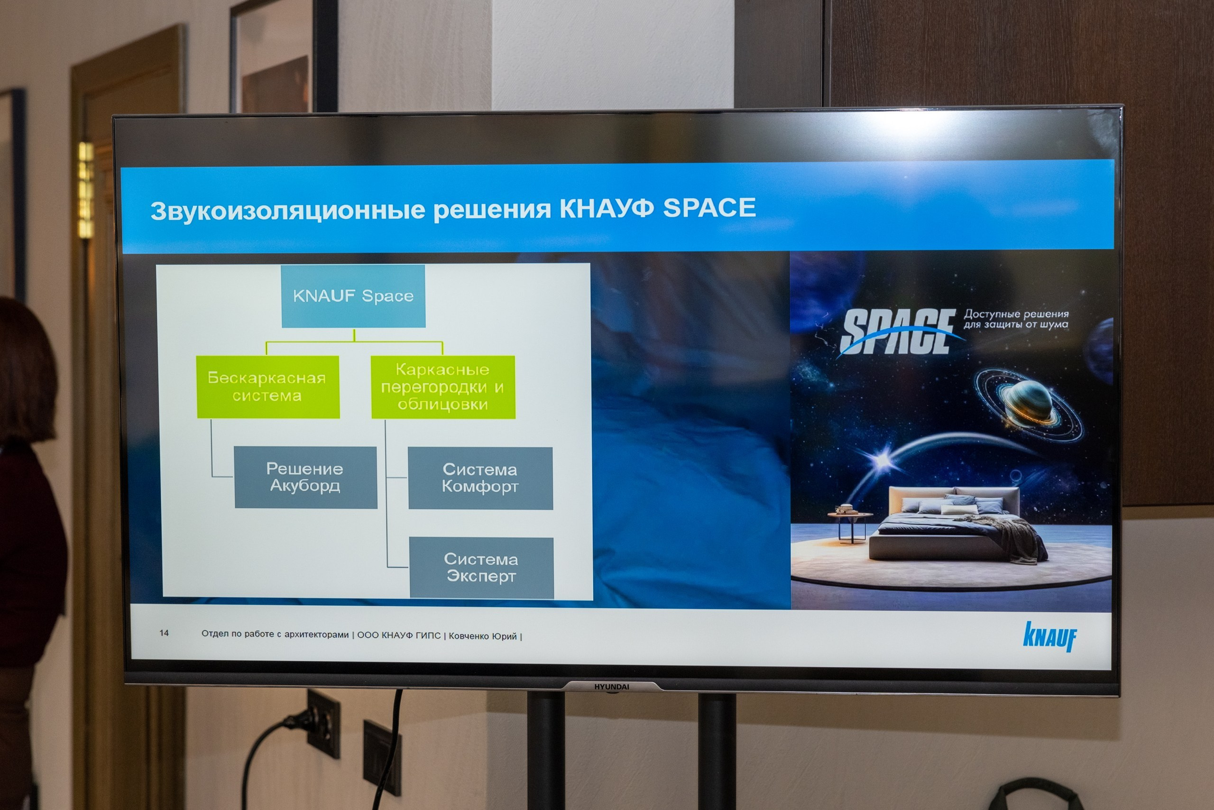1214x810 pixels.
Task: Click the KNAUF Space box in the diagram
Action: (353, 296)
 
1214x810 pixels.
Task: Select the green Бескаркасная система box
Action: (268, 387)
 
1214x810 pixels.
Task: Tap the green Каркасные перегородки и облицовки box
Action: (443, 387)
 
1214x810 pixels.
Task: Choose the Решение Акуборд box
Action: (305, 477)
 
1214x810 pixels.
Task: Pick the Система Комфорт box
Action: (480, 479)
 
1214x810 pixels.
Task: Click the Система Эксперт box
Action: (481, 568)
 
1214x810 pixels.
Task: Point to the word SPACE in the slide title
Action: (709, 208)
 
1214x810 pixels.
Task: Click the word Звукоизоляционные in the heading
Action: (288, 211)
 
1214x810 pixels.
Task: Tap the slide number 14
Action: (164, 633)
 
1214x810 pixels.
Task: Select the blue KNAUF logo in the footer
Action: (1050, 636)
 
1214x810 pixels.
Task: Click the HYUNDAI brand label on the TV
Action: (612, 687)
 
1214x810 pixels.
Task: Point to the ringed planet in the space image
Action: (1028, 405)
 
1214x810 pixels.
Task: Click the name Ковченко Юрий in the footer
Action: (482, 636)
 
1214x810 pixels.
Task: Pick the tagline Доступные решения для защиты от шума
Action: (1016, 319)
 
